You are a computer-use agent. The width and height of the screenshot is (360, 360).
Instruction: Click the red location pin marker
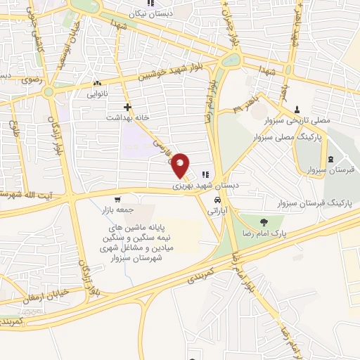coord(181,164)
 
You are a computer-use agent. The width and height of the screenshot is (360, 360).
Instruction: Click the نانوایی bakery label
coord(98,93)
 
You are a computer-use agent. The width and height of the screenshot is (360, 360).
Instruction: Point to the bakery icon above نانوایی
coord(98,83)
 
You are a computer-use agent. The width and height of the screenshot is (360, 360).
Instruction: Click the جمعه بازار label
coord(117,210)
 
